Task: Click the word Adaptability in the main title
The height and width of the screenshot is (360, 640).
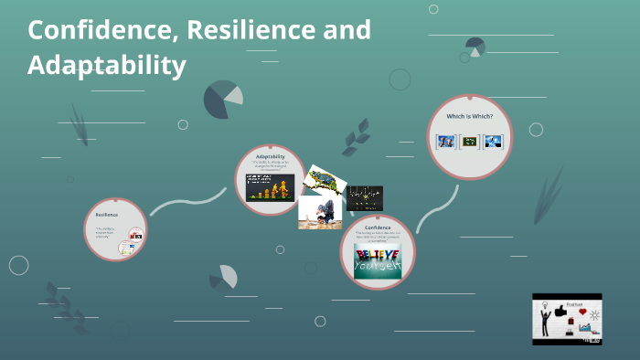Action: [107, 66]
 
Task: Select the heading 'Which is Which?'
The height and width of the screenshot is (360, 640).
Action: [469, 116]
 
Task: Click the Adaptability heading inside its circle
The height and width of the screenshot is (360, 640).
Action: [271, 157]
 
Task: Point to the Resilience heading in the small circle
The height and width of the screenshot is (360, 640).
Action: [107, 214]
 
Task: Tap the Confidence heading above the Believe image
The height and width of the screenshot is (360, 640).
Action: [378, 227]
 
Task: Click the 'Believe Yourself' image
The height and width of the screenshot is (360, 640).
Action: [378, 255]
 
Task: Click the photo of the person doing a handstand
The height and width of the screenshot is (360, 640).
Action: [319, 214]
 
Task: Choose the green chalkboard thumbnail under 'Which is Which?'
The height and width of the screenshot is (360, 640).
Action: [470, 141]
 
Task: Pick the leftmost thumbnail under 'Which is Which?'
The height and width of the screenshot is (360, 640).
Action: [445, 141]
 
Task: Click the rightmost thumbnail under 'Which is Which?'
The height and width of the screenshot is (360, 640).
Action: [494, 141]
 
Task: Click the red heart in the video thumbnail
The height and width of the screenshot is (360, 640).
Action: [582, 312]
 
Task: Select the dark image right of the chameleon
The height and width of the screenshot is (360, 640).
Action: [365, 198]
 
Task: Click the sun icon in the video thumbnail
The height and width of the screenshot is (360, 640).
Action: [595, 314]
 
